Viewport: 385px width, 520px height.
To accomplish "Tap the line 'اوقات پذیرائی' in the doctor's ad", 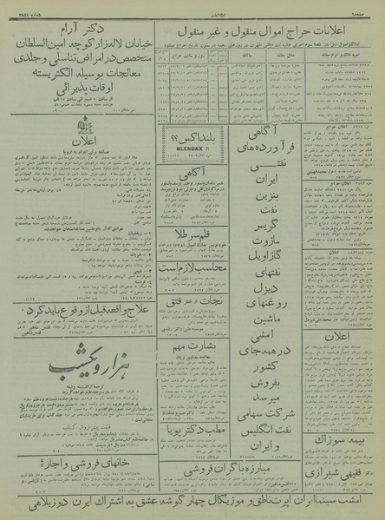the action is (x=75, y=87).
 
